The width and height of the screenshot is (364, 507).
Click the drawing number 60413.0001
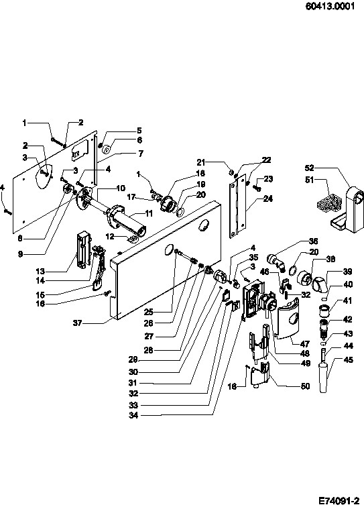(x=330, y=6)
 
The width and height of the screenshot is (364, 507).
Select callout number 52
(x=310, y=168)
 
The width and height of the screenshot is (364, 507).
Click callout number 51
(x=310, y=180)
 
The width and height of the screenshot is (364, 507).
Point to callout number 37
(x=77, y=323)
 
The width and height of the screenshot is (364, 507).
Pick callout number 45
(x=348, y=359)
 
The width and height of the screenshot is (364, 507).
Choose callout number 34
(x=133, y=415)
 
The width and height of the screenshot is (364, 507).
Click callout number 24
(x=267, y=199)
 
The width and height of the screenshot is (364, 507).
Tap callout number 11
(x=148, y=213)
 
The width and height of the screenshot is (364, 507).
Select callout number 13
(x=41, y=271)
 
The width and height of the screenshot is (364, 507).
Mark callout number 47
(x=305, y=344)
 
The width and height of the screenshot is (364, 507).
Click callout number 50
(x=305, y=386)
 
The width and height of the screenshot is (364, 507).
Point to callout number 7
(x=141, y=154)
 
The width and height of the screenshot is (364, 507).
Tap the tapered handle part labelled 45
(x=323, y=378)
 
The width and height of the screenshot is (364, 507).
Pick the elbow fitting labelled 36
(x=276, y=262)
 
